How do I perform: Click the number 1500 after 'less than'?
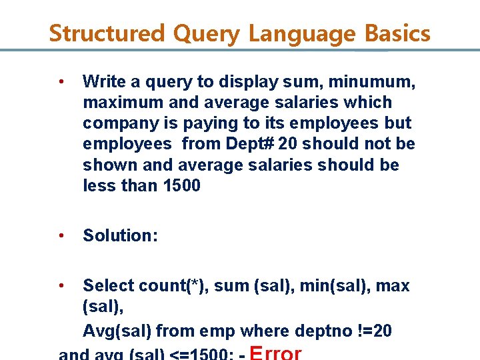pos(181,185)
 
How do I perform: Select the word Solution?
pos(120,235)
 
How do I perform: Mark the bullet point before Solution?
pos(61,235)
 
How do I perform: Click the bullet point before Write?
pos(61,82)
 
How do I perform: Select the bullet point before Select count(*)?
pos(61,286)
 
